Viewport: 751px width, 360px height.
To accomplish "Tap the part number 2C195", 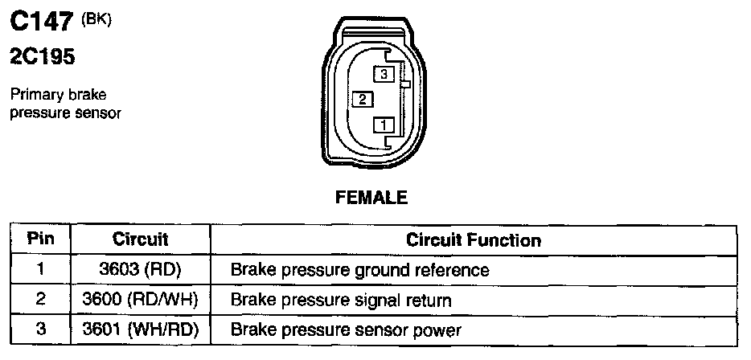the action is click(41, 57).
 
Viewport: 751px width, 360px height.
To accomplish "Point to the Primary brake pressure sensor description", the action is click(65, 104).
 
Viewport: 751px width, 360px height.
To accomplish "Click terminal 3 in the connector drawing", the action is click(384, 74).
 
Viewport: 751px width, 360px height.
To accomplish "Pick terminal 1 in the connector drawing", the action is click(384, 125).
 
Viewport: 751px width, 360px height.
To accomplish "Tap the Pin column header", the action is click(40, 239).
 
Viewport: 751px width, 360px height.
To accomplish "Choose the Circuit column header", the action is click(140, 239).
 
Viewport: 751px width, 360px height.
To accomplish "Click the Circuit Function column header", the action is click(473, 239).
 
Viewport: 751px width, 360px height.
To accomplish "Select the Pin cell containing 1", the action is click(40, 269).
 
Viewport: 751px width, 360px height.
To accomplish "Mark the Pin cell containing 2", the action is click(40, 300).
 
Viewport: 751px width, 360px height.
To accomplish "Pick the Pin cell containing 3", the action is click(40, 329).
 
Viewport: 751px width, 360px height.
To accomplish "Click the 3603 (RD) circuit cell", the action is click(140, 269).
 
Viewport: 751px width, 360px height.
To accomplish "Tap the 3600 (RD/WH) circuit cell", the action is click(140, 300).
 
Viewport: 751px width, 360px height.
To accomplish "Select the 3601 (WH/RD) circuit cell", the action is click(140, 329).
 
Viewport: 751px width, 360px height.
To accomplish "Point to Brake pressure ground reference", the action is click(359, 269).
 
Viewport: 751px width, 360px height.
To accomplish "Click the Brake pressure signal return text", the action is click(340, 300).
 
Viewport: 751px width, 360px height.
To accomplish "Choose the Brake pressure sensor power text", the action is click(346, 329).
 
